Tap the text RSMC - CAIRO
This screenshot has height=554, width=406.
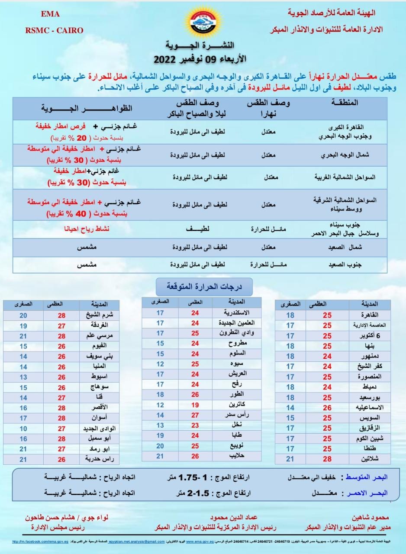coord(55,30)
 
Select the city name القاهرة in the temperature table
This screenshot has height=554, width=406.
coord(367,315)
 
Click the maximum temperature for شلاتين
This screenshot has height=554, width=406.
coord(327,458)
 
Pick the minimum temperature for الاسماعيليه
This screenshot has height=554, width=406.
coord(290,408)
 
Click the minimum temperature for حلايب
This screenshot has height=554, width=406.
coord(160,456)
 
